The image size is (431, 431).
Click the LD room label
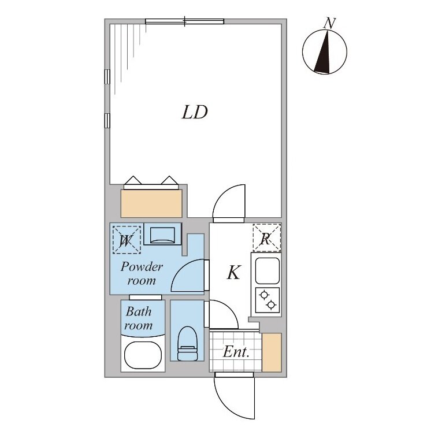point(195,112)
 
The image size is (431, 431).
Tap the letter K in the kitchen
point(234,272)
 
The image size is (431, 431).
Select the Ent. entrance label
point(236,352)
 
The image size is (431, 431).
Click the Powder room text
point(142,274)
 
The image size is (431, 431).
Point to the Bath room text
point(139,318)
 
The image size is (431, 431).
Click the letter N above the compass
point(329,23)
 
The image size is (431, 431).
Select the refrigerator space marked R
point(266,238)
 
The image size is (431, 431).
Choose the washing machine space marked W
point(127,240)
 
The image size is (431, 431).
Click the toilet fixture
point(188,343)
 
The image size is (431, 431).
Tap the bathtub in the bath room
point(143,356)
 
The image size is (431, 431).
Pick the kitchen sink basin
point(267,271)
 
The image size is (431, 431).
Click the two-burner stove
point(267,300)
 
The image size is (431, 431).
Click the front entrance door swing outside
point(235,398)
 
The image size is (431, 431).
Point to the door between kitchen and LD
point(229,203)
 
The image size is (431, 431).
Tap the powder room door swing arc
point(188,275)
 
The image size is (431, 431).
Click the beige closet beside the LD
point(151,203)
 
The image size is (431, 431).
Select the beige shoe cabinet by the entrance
point(272,352)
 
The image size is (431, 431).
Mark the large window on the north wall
point(184,21)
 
